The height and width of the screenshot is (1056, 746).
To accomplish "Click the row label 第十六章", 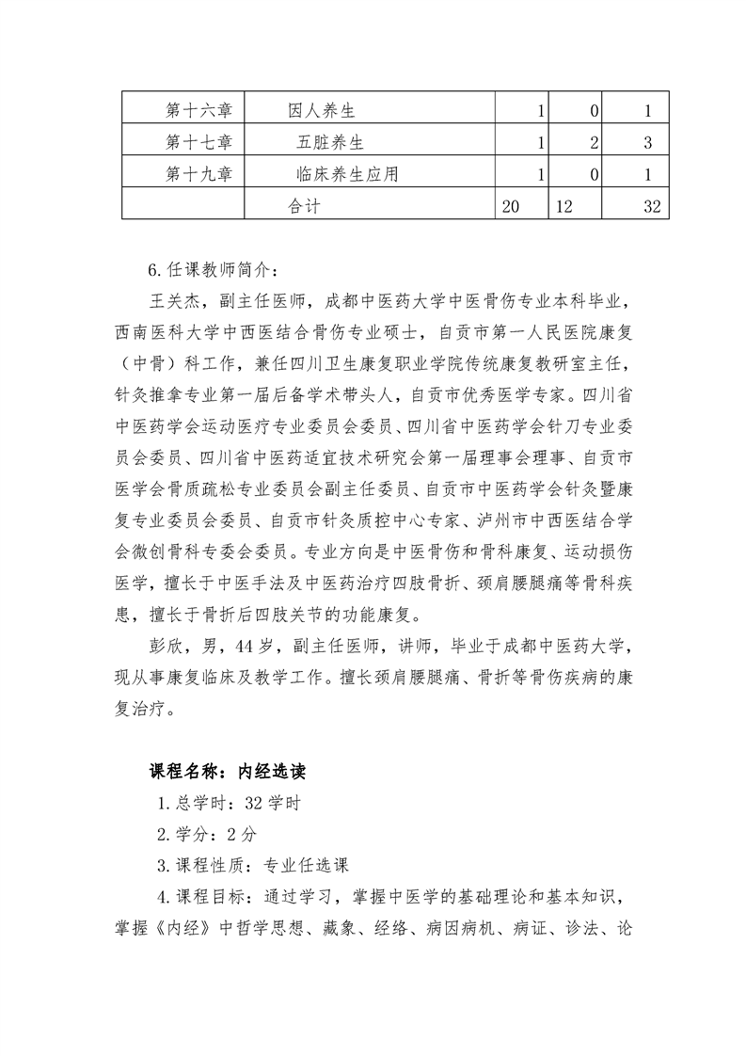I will click(x=198, y=112).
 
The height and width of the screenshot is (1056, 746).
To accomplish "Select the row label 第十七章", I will click(x=198, y=143).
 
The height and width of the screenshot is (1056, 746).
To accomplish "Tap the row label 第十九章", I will click(x=198, y=174).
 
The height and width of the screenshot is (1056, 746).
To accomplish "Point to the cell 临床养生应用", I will click(x=346, y=174).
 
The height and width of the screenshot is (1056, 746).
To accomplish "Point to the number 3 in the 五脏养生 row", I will click(x=648, y=143).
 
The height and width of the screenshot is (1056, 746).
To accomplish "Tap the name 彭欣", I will click(x=167, y=648).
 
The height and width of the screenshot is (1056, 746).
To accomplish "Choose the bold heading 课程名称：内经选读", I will click(x=226, y=772).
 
